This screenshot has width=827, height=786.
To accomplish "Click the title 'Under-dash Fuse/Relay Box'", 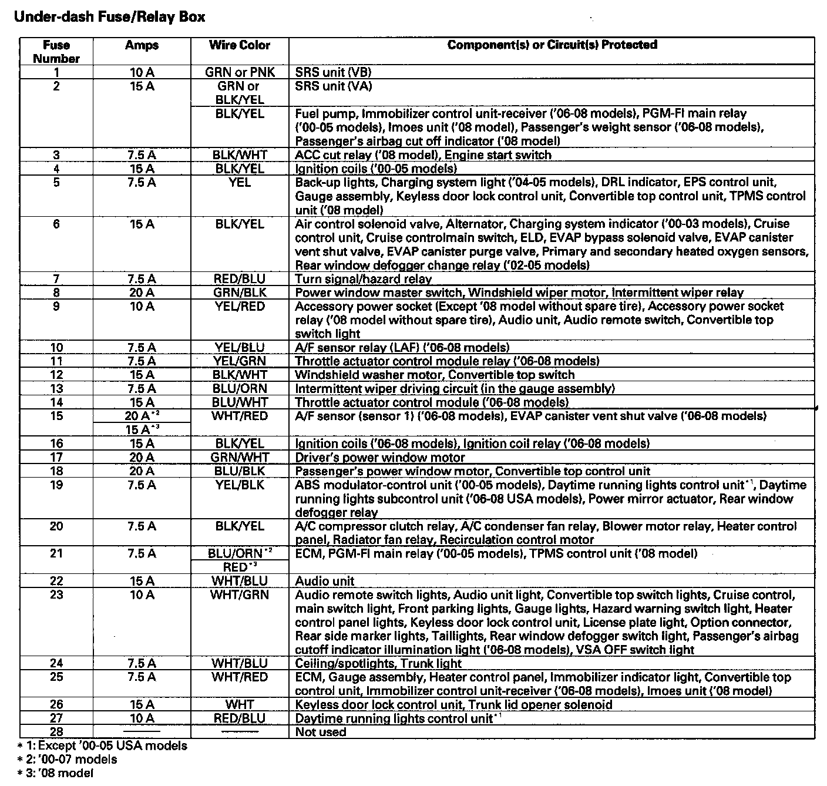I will click(109, 17).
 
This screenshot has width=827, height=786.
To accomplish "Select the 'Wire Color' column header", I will click(240, 45).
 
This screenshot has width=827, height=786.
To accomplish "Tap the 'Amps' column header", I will click(142, 45).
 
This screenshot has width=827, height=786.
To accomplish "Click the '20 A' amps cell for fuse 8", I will click(142, 293).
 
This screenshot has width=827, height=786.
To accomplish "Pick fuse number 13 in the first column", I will click(56, 388).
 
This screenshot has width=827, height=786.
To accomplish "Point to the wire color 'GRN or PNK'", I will click(240, 72).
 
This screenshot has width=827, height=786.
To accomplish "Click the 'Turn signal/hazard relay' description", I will click(363, 279).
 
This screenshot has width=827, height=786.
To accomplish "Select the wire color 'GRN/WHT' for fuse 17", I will click(240, 457).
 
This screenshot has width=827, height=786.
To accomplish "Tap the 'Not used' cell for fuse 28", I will click(321, 732).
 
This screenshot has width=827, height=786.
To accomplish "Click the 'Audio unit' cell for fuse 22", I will click(325, 581).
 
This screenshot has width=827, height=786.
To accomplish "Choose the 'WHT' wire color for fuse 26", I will click(240, 704).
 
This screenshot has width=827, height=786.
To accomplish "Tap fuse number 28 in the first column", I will click(56, 732).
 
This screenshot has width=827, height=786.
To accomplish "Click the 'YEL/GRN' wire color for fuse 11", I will click(240, 361).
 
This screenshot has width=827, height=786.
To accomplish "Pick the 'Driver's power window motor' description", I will click(379, 457).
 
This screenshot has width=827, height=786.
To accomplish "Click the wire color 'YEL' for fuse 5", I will click(240, 183).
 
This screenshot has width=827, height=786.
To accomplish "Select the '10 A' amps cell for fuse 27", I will click(142, 718).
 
